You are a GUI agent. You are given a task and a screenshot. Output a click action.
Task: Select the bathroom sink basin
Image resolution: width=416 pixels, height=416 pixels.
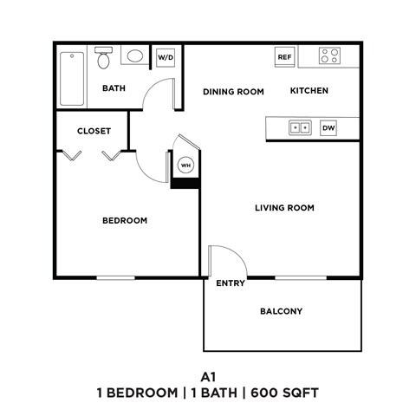(135, 58)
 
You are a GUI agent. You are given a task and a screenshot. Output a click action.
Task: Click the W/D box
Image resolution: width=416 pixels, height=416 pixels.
(165, 57)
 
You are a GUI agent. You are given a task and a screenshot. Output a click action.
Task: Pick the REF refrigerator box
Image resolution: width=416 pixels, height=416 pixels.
(283, 57)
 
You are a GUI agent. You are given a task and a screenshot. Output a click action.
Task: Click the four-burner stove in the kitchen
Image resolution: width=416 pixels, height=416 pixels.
(329, 56)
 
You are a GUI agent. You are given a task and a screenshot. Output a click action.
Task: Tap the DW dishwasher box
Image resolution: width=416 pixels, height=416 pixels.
(328, 127)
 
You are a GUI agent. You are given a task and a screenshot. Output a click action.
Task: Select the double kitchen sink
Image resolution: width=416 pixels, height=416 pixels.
(300, 127)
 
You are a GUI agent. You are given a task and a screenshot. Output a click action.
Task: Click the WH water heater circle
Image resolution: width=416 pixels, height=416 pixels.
(185, 165)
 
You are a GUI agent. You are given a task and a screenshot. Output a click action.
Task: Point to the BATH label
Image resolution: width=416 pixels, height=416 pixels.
(114, 88)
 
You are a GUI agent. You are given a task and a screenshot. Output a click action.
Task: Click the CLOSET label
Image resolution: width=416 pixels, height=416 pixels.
(93, 132)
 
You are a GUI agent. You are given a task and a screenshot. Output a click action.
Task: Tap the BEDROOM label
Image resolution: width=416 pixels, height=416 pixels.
(125, 221)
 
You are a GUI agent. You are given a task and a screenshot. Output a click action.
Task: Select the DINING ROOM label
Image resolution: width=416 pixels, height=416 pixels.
(233, 91)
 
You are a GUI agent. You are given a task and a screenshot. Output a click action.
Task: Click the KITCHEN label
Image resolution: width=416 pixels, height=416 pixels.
(309, 91)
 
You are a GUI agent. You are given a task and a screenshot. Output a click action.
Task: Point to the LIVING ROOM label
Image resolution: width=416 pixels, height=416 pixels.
(284, 208)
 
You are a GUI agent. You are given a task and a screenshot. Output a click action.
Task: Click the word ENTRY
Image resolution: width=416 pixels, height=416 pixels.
(230, 283)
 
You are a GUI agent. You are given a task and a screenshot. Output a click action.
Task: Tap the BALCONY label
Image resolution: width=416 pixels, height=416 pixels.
(281, 311)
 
